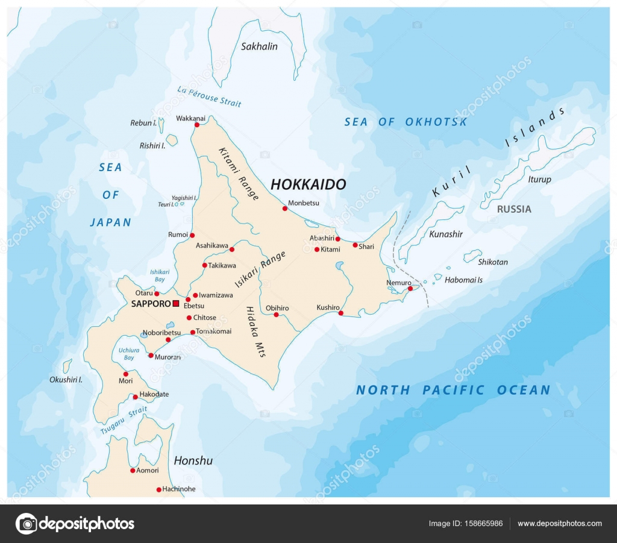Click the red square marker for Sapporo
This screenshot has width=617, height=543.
[175, 304]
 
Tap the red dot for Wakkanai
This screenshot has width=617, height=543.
[196, 125]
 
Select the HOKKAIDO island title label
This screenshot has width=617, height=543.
[308, 184]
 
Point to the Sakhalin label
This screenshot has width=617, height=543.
[259, 46]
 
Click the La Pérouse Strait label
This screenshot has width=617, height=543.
[209, 96]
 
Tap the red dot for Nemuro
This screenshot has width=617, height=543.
[410, 289]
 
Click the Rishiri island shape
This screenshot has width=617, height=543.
[172, 140]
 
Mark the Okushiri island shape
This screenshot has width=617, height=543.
[67, 366]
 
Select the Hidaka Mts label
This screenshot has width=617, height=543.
[255, 332]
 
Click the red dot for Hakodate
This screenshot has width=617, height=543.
[135, 397]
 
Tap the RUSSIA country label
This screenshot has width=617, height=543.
[514, 209]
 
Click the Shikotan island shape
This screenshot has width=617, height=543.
[472, 256]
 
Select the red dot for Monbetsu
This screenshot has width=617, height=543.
[285, 209]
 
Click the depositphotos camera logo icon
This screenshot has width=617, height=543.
[26, 523]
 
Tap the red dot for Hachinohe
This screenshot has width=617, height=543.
[158, 489]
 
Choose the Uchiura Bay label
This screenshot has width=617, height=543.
[126, 354]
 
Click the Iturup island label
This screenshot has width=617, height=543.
[539, 179]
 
